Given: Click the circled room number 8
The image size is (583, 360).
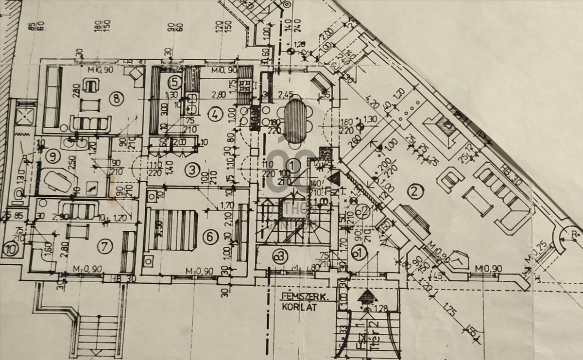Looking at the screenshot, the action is [116, 99].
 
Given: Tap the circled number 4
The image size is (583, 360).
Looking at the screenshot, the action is [214, 115].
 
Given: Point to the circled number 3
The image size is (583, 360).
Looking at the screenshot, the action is [192, 170].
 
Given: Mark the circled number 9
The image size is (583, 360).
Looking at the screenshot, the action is [52, 156].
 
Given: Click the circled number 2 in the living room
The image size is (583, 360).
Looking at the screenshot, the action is [414, 192].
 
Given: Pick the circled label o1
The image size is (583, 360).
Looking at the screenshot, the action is [359, 253].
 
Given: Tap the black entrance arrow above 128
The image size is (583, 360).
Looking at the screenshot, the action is [368, 296].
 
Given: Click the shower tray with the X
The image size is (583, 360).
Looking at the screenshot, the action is [24, 116].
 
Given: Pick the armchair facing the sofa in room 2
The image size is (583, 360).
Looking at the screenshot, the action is [450, 180].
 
